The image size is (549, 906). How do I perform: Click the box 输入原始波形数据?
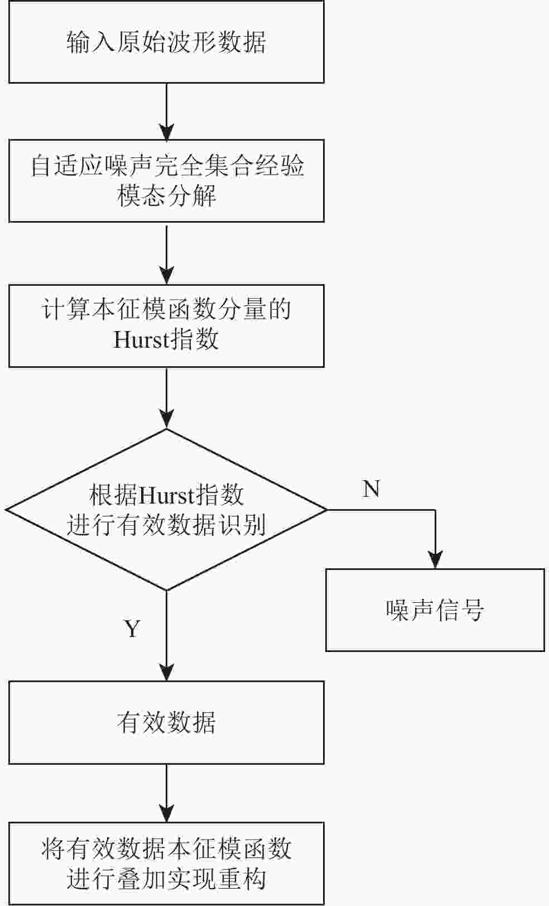166,42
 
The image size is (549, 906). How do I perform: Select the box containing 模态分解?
166,181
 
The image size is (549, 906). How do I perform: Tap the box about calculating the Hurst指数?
166,325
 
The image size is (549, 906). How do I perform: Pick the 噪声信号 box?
435,610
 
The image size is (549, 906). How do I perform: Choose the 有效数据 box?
166,722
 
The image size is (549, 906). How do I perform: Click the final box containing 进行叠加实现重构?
166,864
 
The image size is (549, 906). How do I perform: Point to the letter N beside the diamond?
371,489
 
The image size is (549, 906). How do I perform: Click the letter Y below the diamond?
132,629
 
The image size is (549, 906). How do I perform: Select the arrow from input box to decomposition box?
166,112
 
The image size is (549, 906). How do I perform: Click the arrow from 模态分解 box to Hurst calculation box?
166,253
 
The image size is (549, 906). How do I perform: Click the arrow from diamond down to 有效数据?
166,636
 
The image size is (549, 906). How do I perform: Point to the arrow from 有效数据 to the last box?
166,793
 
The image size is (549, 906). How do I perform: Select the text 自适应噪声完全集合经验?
166,166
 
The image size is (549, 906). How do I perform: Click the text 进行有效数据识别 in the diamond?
166,525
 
